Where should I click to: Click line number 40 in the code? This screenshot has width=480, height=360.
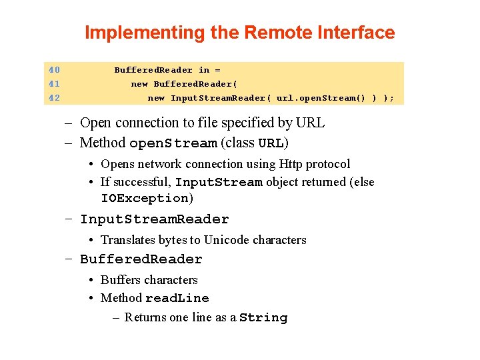[54, 70]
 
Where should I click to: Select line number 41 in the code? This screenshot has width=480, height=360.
[54, 84]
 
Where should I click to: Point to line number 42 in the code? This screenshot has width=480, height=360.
[54, 98]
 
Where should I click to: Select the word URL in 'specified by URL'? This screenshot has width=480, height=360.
[311, 123]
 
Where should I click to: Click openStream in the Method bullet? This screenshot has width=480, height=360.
[173, 143]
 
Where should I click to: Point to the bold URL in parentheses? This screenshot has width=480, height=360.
[271, 143]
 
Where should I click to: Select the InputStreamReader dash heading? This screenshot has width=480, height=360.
[154, 219]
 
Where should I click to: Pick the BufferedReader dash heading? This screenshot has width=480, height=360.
[141, 259]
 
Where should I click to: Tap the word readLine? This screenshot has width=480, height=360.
[177, 298]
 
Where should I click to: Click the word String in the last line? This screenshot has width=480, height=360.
[263, 318]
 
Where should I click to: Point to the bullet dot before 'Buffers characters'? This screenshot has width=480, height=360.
[93, 280]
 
